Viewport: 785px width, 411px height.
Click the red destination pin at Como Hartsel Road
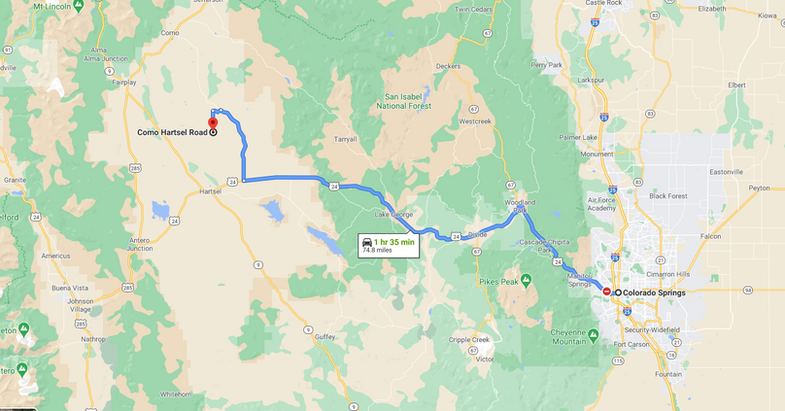pyautogui.click(x=213, y=124)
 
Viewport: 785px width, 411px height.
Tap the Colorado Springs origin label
pyautogui.click(x=654, y=292)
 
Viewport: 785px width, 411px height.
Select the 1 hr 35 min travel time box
pyautogui.click(x=388, y=245)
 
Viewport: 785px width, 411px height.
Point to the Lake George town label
pyautogui.click(x=394, y=214)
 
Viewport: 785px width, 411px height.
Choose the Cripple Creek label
pyautogui.click(x=468, y=339)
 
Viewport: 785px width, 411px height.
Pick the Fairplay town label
pyautogui.click(x=124, y=83)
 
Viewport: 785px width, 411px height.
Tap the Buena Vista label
pyautogui.click(x=69, y=289)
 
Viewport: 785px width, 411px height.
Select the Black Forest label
pyautogui.click(x=668, y=195)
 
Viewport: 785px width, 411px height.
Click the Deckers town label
pyautogui.click(x=448, y=66)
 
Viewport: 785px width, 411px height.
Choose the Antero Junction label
pyautogui.click(x=139, y=244)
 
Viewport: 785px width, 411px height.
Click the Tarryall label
pyautogui.click(x=345, y=139)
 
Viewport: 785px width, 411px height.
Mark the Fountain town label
pyautogui.click(x=668, y=374)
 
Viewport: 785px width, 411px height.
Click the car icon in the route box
pyautogui.click(x=367, y=241)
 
